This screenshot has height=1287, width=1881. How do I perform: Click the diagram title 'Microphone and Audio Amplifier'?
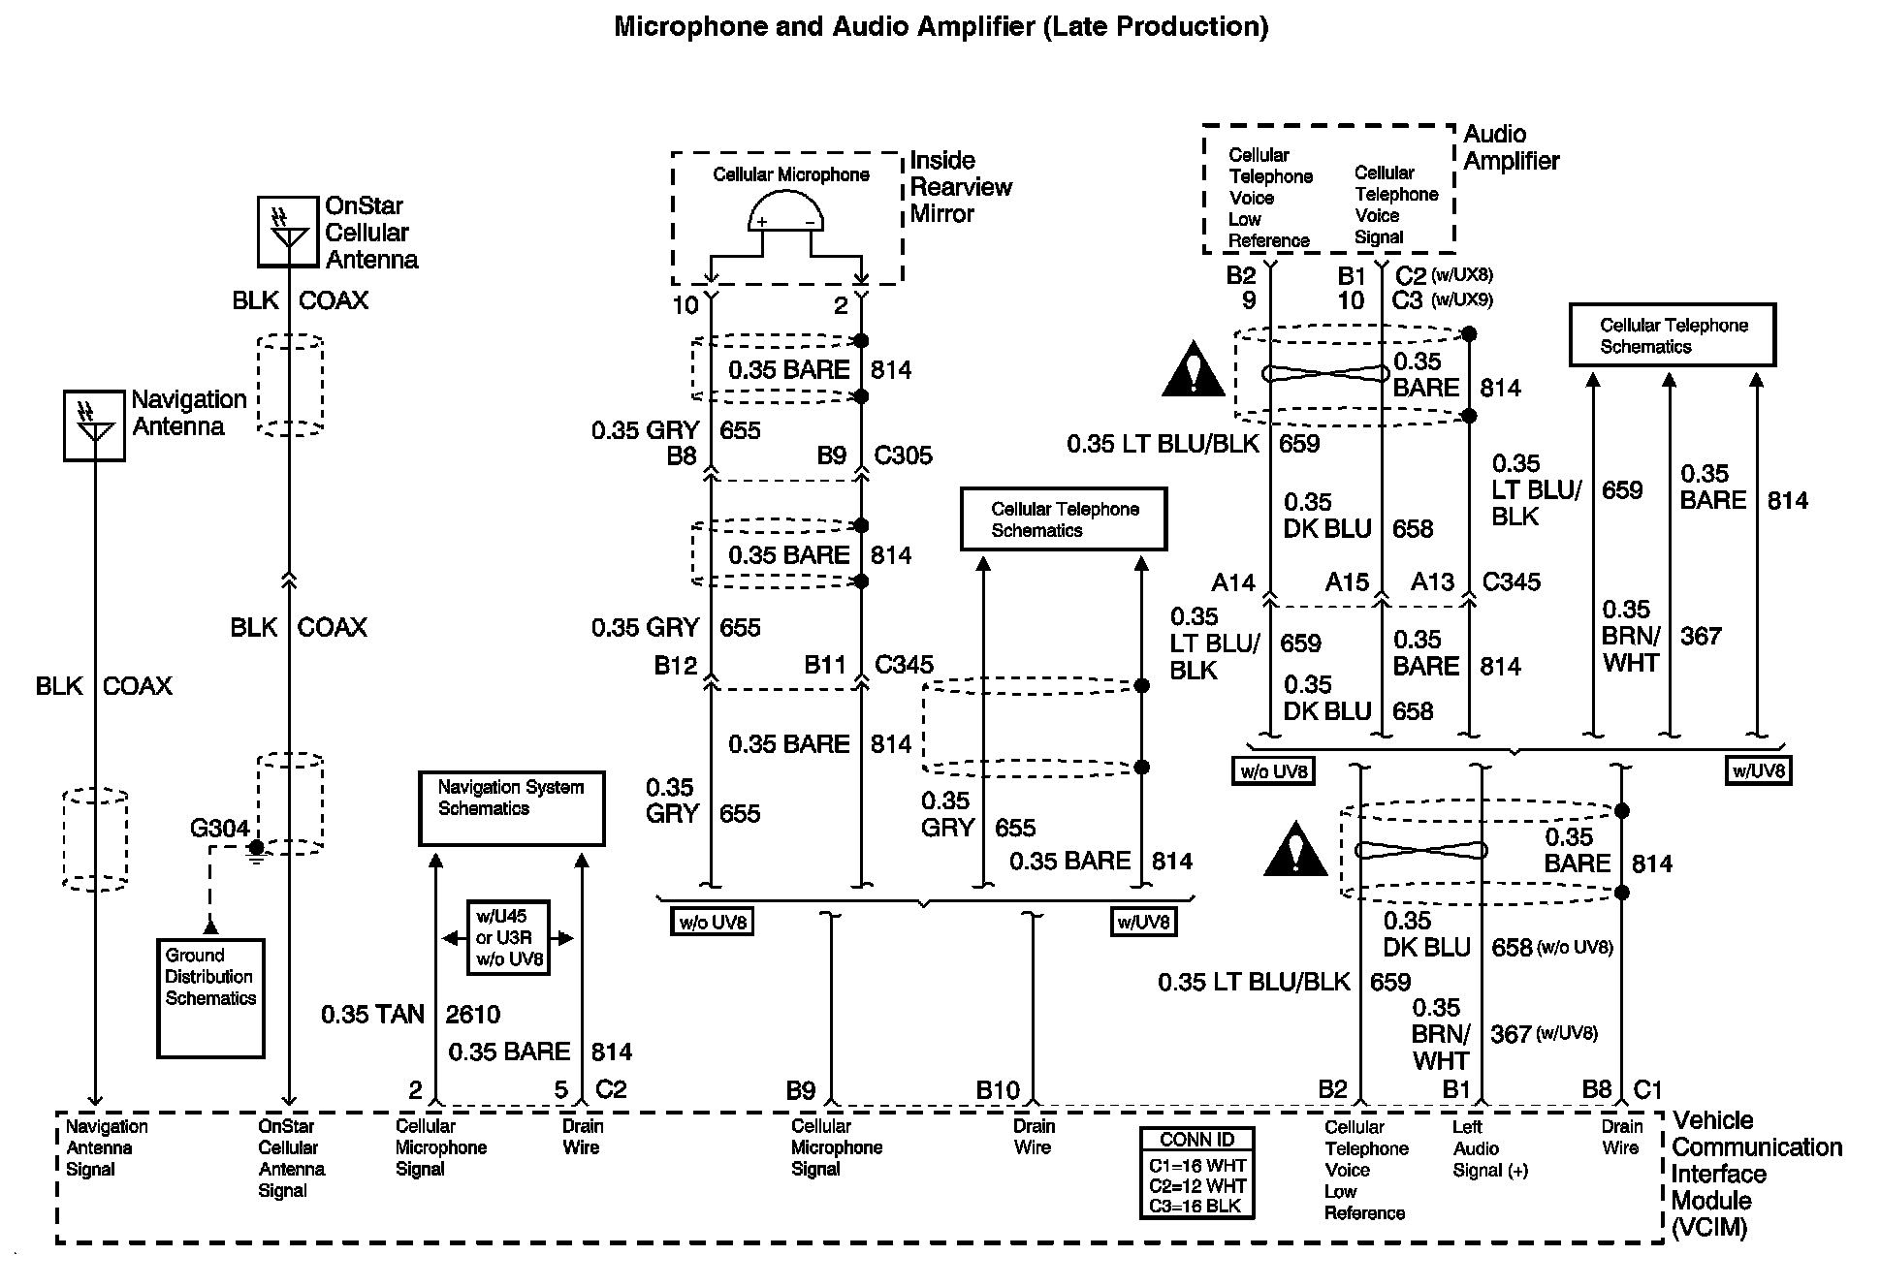pos(825,26)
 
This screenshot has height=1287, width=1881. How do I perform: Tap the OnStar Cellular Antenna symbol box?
pos(288,232)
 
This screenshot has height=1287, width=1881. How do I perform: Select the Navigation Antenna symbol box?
pos(94,425)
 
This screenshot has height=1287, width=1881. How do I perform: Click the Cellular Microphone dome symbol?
pos(785,211)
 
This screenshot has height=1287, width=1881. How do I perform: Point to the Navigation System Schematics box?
pos(511,808)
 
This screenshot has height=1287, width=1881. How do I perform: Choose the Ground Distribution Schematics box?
pos(210,998)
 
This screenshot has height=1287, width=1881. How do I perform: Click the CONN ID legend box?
pos(1197,1173)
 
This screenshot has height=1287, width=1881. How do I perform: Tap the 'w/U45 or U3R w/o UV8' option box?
pos(508,938)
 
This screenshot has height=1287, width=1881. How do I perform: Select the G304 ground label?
pos(220,829)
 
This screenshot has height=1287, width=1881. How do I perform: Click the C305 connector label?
pos(903,455)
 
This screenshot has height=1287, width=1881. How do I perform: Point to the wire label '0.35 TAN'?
pos(373,1015)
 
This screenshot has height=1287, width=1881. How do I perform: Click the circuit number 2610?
pos(473,1015)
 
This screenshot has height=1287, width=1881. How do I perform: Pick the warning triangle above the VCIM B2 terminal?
pos(1295,849)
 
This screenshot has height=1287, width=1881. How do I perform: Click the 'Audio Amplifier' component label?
pos(1512,147)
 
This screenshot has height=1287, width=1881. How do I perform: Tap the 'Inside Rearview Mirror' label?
pos(961,187)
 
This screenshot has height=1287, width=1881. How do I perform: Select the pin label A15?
pos(1347,582)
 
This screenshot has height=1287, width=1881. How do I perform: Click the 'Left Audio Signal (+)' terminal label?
pos(1490,1148)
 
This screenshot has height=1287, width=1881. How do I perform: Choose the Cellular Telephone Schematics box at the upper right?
pos(1673,335)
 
